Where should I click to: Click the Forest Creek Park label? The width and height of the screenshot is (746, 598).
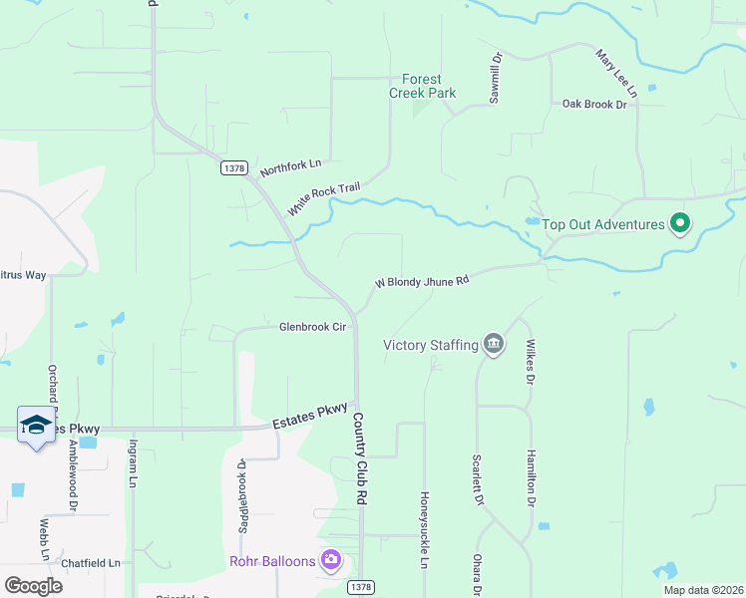pos(422,87)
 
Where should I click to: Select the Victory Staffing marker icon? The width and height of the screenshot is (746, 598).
pos(493,345)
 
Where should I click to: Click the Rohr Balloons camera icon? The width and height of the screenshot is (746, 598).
pos(331,561)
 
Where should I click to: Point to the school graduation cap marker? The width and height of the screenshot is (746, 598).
pos(36,425)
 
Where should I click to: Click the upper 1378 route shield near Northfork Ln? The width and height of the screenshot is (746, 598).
pos(233,169)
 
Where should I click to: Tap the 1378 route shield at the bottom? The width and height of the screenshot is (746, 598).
pos(361,588)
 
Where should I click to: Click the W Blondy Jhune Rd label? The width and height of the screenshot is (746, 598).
pos(421,282)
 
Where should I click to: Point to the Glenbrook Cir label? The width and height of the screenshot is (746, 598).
pos(312,327)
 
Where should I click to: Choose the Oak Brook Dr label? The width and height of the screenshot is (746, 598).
pos(593,104)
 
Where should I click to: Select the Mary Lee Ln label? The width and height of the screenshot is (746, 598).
pos(614,69)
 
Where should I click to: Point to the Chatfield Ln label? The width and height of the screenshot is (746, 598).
pos(91,563)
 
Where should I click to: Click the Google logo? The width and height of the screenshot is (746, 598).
pos(32,586)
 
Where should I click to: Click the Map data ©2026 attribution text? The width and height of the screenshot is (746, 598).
pos(702,590)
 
